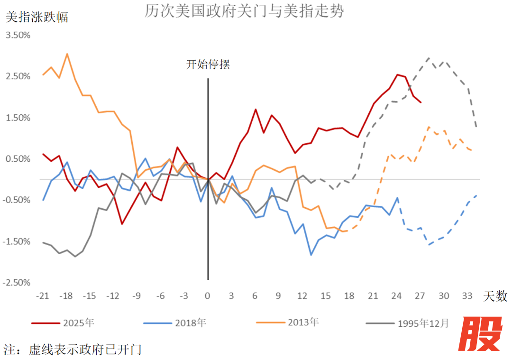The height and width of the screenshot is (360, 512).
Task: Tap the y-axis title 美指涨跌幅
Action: (37, 18)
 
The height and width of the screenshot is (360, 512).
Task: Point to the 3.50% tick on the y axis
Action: (18, 36)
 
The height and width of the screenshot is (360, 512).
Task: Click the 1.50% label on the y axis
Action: (18, 118)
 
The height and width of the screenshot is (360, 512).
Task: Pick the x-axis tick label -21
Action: (43, 296)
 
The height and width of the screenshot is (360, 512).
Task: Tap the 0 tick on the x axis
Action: (207, 296)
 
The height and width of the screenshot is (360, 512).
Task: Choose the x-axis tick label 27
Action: (420, 296)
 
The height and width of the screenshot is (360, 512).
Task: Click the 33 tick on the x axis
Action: (467, 296)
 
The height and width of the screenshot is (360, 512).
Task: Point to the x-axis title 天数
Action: (495, 297)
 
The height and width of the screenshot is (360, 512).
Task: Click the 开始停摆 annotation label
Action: (208, 65)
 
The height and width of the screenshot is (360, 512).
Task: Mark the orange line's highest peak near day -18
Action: (67, 54)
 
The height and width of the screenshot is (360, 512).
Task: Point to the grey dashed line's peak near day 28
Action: (428, 58)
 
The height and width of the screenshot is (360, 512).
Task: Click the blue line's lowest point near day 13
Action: (311, 255)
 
